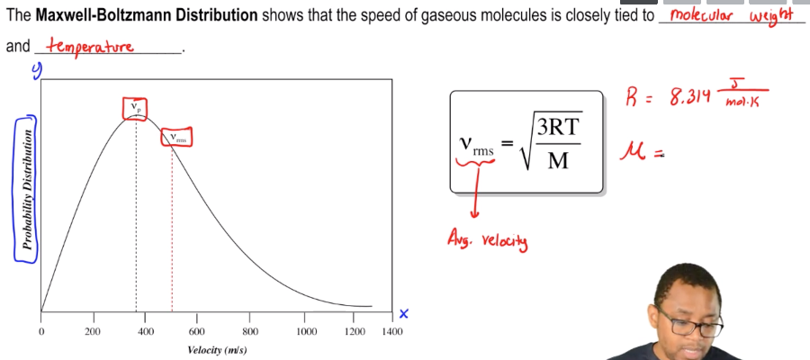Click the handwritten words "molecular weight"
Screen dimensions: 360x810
[730, 16]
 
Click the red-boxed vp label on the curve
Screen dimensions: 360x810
[136, 108]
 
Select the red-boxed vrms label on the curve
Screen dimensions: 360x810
[176, 138]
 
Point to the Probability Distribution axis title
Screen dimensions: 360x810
[28, 189]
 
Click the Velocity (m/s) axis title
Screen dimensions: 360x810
[217, 349]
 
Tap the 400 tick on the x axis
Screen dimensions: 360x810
[144, 331]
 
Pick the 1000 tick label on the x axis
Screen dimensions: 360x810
[306, 331]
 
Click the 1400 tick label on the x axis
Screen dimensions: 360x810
[391, 331]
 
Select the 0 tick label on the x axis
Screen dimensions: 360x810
[41, 331]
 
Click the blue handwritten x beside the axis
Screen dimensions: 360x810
[404, 313]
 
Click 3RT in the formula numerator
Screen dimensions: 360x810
[559, 129]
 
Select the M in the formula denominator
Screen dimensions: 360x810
[558, 163]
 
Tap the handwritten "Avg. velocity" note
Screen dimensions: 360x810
[487, 239]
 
